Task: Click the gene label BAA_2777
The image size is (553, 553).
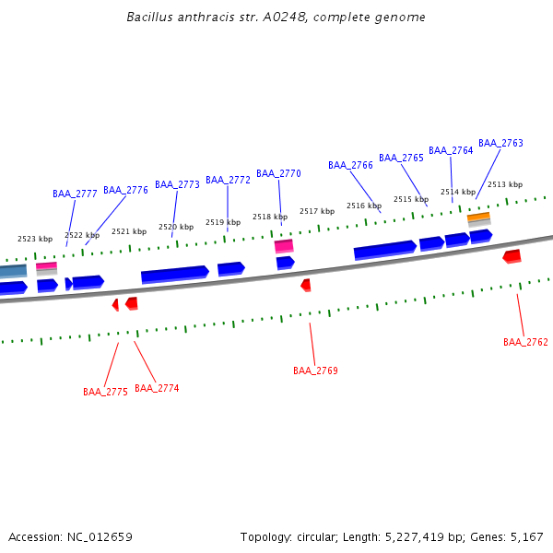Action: tap(75, 194)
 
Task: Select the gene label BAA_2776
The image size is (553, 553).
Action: tap(125, 190)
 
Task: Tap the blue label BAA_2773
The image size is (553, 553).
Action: tap(177, 184)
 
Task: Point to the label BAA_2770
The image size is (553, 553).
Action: tap(278, 173)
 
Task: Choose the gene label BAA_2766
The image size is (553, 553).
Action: tap(350, 165)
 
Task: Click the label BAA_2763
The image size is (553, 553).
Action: tap(500, 143)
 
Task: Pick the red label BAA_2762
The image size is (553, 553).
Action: tap(525, 342)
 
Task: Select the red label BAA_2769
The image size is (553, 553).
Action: tap(315, 371)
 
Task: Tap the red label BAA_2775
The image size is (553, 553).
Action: tap(105, 392)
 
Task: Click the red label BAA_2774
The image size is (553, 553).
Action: tap(157, 388)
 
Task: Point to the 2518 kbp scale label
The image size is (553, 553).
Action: tap(270, 217)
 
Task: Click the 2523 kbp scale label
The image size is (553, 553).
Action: tap(35, 239)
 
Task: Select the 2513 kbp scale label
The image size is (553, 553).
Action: tap(504, 184)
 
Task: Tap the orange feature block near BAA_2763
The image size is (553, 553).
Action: tap(478, 218)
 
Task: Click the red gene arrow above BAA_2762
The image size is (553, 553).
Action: tap(512, 255)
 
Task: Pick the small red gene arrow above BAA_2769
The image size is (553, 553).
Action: tap(306, 285)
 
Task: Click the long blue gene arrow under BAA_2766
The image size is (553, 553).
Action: tap(384, 250)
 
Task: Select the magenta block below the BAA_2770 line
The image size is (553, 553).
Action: tap(284, 245)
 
